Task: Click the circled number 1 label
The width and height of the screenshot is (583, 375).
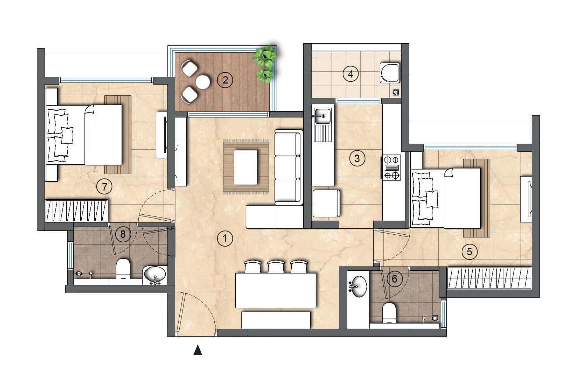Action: coord(225,239)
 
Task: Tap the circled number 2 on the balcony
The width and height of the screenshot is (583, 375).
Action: coord(225,80)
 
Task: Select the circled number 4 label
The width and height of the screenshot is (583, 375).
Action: coord(350,74)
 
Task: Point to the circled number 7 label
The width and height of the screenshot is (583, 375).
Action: coord(104,186)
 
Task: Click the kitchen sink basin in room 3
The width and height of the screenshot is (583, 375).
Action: coord(322,116)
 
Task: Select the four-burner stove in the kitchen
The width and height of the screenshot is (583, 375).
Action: coord(392,168)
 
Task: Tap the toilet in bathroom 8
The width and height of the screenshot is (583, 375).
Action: coord(123,268)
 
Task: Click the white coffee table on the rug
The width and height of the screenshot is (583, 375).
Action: coord(246,167)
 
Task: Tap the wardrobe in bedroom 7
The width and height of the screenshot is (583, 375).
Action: coord(77,211)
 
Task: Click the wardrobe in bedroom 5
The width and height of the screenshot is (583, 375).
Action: coord(489,278)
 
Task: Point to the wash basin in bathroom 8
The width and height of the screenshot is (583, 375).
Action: coord(155,275)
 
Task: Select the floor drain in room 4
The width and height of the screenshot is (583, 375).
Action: coord(396,92)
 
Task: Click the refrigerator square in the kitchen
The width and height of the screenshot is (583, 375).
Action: coord(326,203)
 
